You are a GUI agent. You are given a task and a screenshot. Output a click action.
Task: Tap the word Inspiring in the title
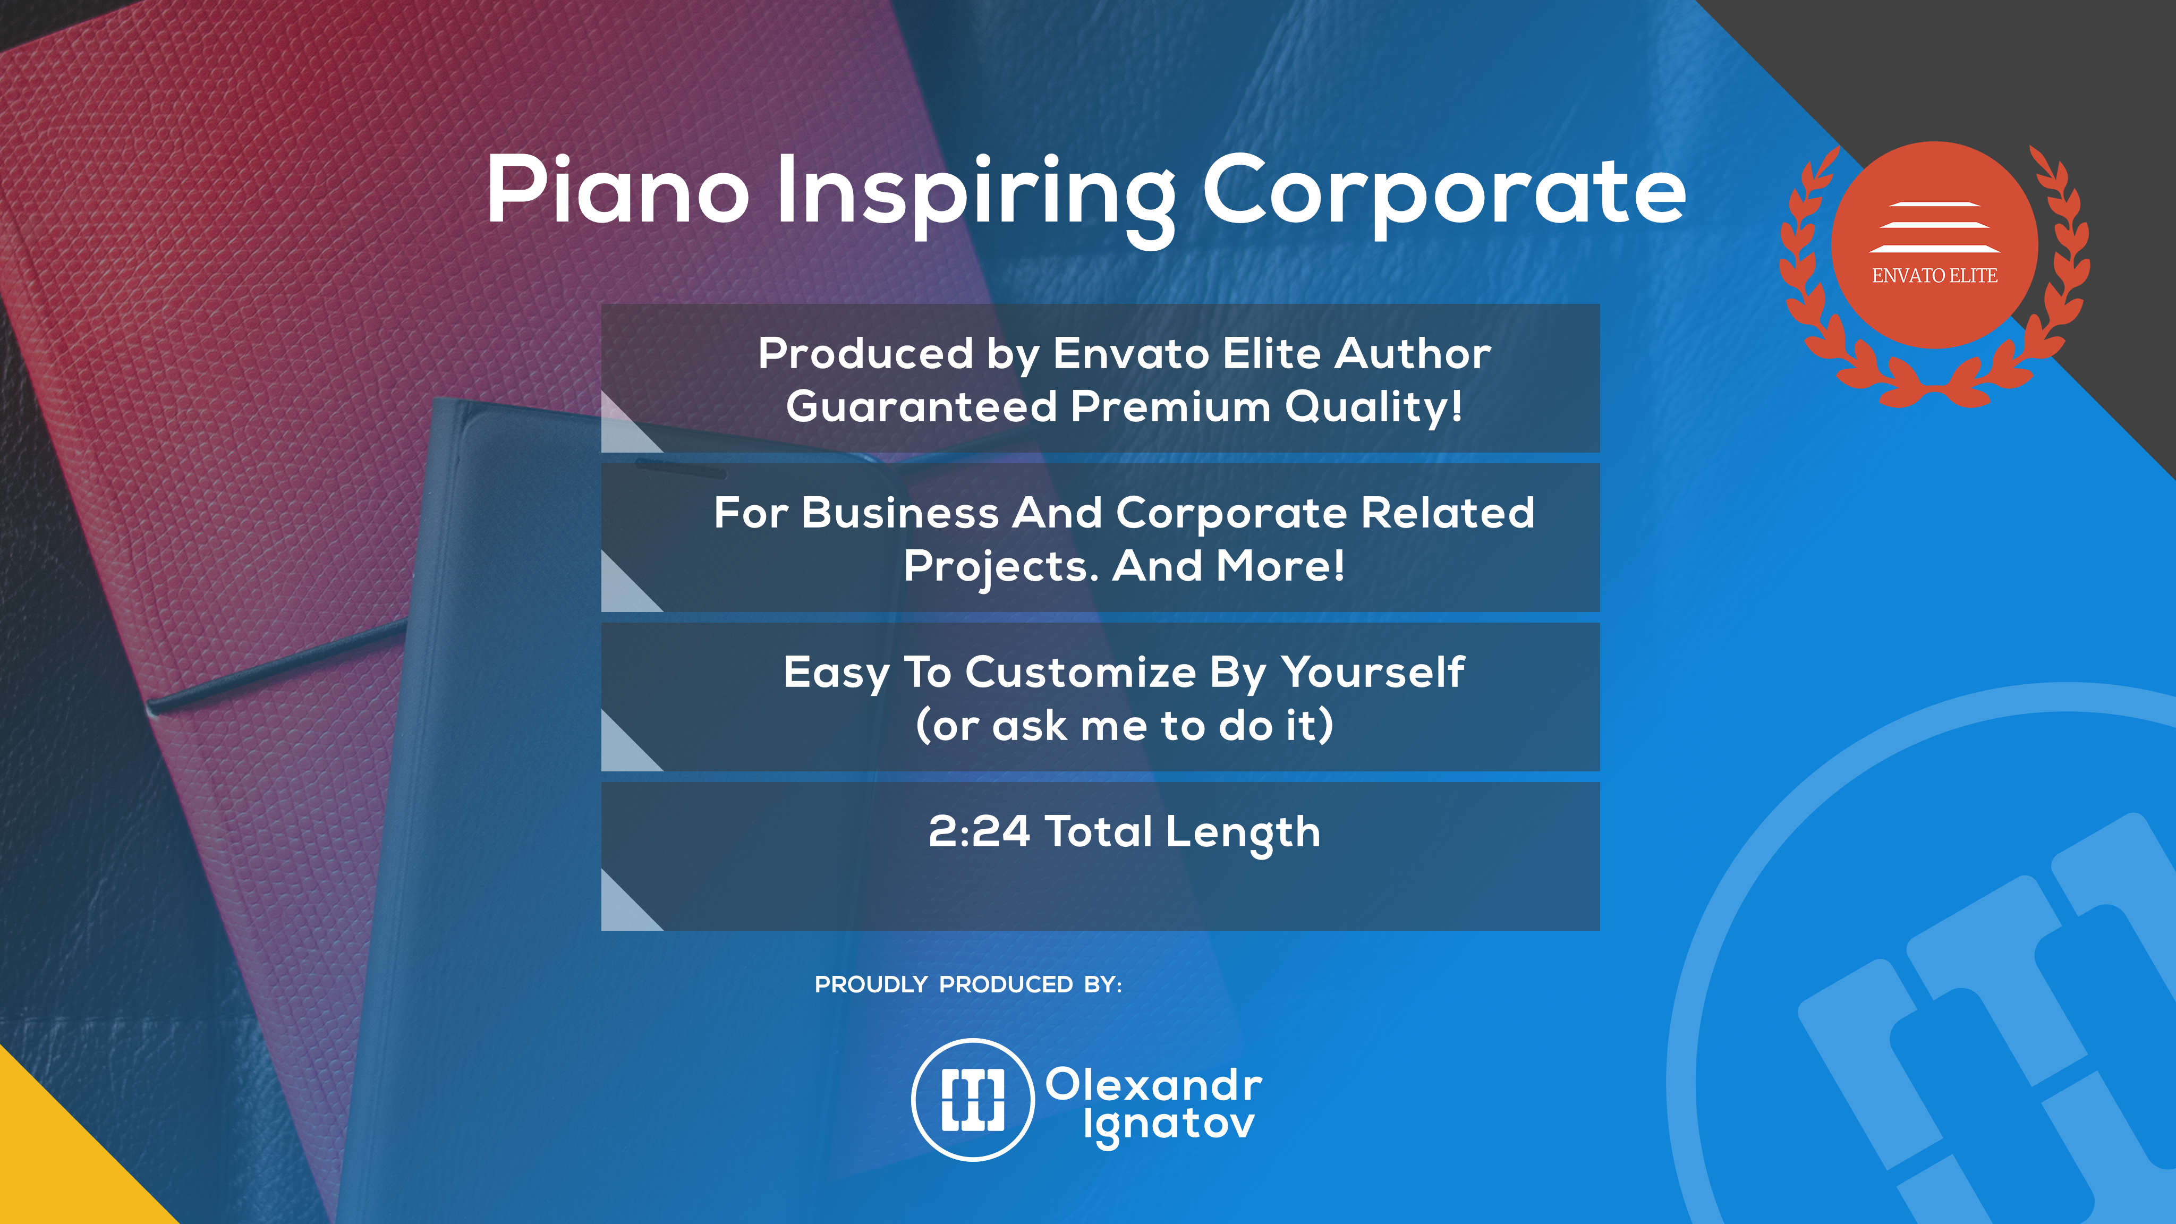(x=976, y=199)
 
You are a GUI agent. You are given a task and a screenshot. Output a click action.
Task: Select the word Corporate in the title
(x=1443, y=196)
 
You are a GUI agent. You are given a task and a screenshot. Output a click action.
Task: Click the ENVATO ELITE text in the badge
(x=1934, y=275)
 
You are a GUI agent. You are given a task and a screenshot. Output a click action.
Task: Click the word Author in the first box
(x=1413, y=353)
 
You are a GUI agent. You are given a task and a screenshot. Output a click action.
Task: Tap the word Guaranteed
(x=922, y=406)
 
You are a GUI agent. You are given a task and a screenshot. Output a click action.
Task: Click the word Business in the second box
(x=900, y=513)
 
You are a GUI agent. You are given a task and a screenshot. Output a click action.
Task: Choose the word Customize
(x=1081, y=673)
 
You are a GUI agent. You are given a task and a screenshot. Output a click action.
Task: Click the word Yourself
(x=1373, y=673)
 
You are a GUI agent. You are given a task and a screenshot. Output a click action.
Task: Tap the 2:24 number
(x=979, y=832)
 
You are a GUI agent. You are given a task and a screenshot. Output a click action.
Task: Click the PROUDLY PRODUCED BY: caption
(x=968, y=985)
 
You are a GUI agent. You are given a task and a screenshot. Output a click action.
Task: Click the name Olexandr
(x=1154, y=1085)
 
